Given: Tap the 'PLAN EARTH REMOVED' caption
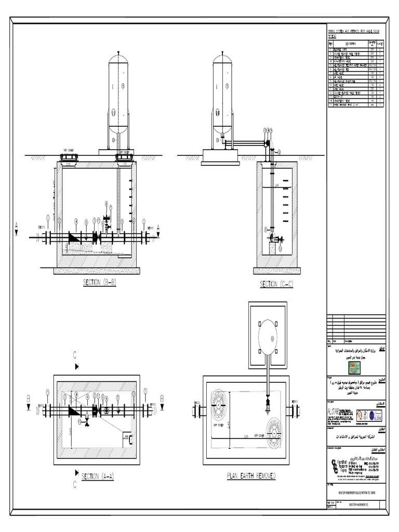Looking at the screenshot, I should [251, 475].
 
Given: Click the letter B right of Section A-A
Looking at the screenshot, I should [162, 398].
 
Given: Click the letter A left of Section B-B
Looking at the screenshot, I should [17, 225].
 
